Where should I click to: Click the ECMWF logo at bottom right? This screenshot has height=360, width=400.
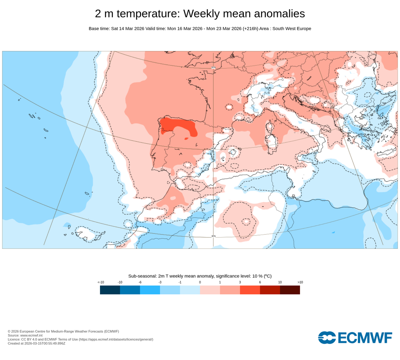coord(355,338)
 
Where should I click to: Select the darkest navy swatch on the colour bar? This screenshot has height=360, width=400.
coord(110,290)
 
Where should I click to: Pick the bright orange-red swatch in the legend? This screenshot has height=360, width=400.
coord(250,290)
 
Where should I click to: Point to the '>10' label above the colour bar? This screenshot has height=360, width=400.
coord(300,282)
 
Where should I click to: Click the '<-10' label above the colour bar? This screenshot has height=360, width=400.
coord(100,282)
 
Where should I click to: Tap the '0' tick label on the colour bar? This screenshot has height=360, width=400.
coord(200,282)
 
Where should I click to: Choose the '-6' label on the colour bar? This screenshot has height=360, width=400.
coord(140,282)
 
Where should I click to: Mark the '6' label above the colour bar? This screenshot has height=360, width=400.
coord(260,282)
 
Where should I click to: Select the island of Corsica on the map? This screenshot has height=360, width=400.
coord(269,127)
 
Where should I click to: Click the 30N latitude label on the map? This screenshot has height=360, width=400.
coord(213,236)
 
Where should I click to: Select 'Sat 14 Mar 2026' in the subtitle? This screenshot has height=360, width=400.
coord(127,29)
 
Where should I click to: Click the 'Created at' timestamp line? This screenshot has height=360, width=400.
coord(36,344)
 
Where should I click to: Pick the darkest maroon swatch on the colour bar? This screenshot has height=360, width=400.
coord(290,290)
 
